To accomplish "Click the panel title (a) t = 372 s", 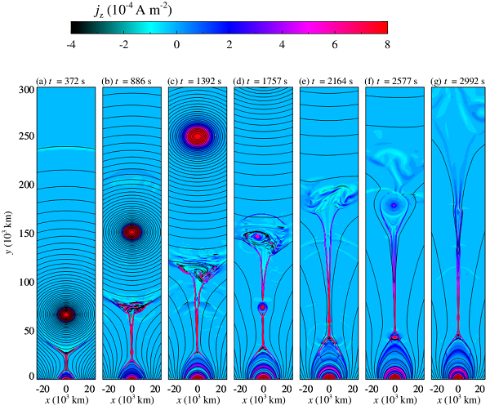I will [65, 81].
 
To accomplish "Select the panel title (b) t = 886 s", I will [131, 81].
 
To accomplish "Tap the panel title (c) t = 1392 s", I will [197, 81].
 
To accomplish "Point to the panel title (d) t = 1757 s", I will [263, 81].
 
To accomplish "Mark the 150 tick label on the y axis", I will [24, 234].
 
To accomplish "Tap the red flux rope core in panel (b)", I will [132, 232].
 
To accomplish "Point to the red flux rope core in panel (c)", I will [198, 135].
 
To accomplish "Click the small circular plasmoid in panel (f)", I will [394, 205].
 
